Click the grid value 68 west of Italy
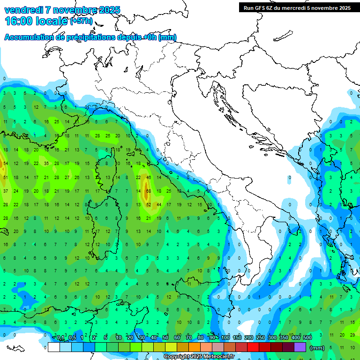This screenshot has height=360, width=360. (148, 191)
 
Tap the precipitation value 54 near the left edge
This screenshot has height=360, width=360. (5, 163)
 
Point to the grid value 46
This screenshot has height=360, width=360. (149, 178)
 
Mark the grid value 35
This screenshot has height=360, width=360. (46, 163)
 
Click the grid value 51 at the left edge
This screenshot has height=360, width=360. (5, 178)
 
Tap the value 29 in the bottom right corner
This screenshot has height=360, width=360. (352, 335)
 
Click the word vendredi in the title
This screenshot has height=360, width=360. (26, 10)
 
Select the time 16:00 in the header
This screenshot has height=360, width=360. (20, 21)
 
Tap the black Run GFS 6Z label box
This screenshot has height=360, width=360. (297, 7)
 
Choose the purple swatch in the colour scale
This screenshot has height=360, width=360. (300, 347)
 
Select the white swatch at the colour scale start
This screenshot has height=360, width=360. (53, 347)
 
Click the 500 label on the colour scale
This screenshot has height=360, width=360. (307, 338)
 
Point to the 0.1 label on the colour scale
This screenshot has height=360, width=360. (60, 338)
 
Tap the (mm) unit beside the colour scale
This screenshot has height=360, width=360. (317, 348)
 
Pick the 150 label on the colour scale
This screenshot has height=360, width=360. (237, 338)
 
